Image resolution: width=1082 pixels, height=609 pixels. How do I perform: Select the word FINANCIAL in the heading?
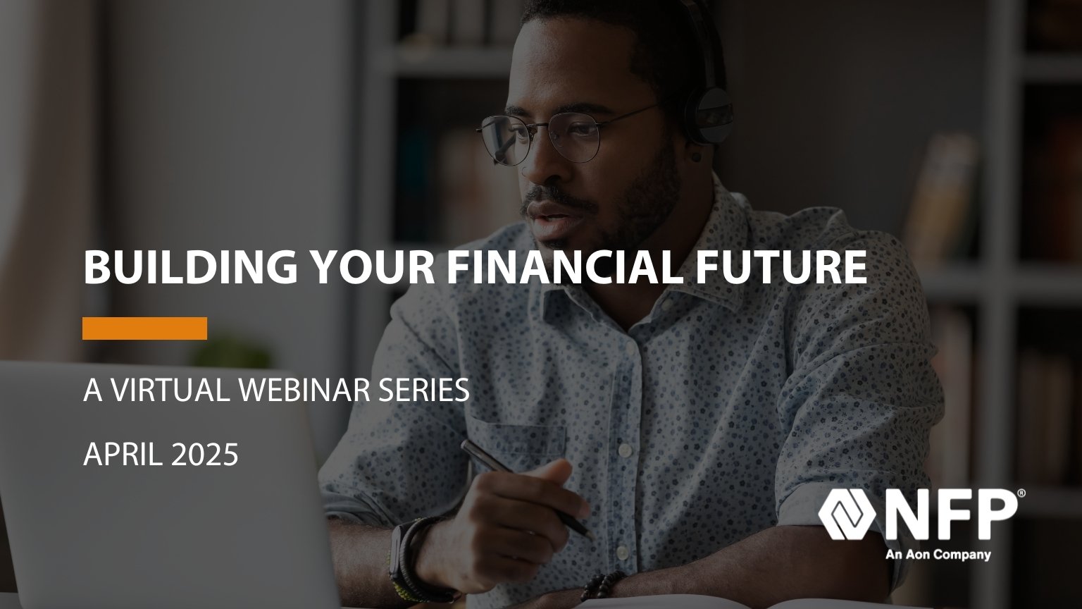point(564,267)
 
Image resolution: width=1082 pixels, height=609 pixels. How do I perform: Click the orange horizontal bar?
point(144,328)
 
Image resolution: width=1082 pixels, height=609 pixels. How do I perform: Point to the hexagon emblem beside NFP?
point(847,515)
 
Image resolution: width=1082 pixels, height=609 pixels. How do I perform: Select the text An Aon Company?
point(938,555)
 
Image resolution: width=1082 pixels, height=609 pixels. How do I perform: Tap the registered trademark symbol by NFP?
point(1021,493)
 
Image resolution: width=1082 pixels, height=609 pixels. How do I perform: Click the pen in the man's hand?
point(526,489)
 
